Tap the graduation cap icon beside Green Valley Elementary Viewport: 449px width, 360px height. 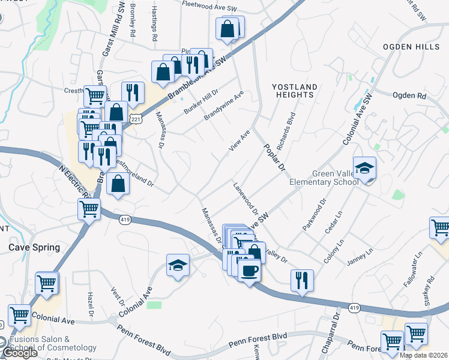[x=364, y=169]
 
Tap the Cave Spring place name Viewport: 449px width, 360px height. [x=34, y=247]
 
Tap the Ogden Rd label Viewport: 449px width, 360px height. [x=409, y=95]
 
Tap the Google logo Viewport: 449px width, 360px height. [x=19, y=353]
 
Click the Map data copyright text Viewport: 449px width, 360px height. [x=423, y=355]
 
